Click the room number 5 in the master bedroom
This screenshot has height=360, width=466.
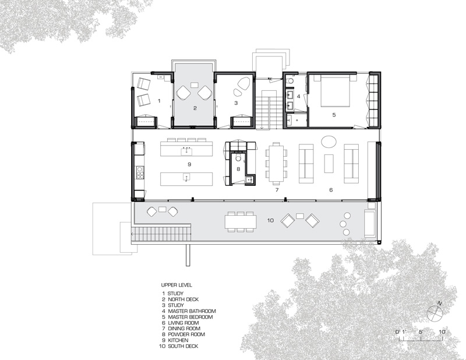point(334,114)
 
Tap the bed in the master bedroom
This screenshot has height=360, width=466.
point(334,91)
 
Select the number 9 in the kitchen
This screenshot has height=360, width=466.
point(189,164)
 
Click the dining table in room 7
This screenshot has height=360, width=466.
point(276,163)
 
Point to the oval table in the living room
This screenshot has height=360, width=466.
point(329,141)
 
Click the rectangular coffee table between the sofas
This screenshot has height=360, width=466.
point(329,163)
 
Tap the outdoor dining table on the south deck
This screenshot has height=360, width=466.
point(241,222)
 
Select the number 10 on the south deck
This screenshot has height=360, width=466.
point(270,220)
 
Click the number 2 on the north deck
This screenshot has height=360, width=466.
point(195,108)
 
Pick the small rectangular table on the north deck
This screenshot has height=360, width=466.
point(195,85)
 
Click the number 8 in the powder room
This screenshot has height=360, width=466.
point(238,169)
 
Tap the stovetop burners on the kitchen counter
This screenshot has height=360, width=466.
point(139,172)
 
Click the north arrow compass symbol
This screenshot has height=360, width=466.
point(435,313)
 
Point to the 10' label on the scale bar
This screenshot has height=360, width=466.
point(442,332)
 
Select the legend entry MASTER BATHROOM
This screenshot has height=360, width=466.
point(192,311)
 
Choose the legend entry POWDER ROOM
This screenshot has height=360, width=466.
point(186,334)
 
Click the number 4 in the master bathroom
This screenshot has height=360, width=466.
point(298,96)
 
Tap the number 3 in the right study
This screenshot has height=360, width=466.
point(236,103)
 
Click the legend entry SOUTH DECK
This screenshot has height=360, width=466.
point(183,346)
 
